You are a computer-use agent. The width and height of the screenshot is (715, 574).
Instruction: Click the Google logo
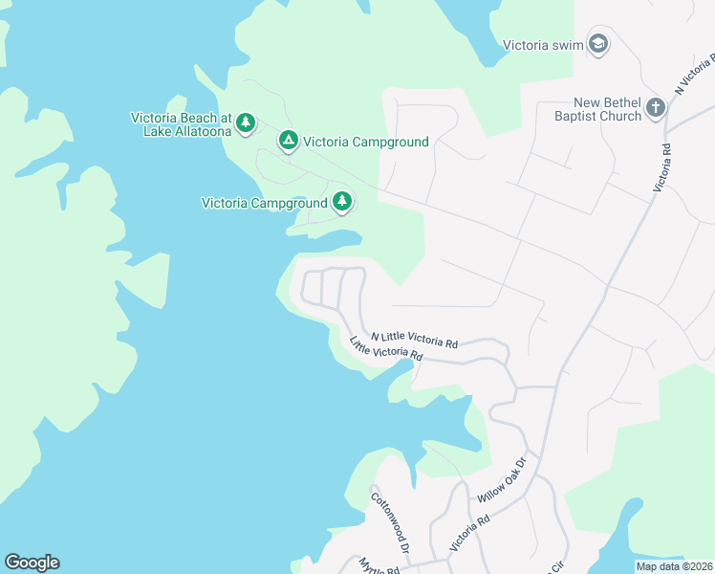pos(32,563)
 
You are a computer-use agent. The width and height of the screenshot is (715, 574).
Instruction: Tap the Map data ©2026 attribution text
pos(674,566)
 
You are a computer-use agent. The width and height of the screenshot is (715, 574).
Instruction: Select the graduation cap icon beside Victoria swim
pos(598,44)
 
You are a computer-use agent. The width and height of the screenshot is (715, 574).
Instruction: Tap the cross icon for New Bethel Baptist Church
pos(655,107)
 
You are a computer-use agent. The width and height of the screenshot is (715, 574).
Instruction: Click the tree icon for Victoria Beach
pos(246,122)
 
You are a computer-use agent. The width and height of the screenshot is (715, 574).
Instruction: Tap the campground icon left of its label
pos(288,142)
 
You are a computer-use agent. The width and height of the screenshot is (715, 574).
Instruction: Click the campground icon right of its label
pos(342,202)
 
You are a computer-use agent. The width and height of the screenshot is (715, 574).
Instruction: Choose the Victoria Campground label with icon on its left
pos(365,143)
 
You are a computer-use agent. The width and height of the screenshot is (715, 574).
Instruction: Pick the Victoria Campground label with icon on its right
pos(265,203)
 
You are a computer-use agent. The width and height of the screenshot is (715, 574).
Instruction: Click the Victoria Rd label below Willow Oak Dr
pos(469,532)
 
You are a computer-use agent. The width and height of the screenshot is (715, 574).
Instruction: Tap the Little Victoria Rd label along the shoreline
pos(385,348)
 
